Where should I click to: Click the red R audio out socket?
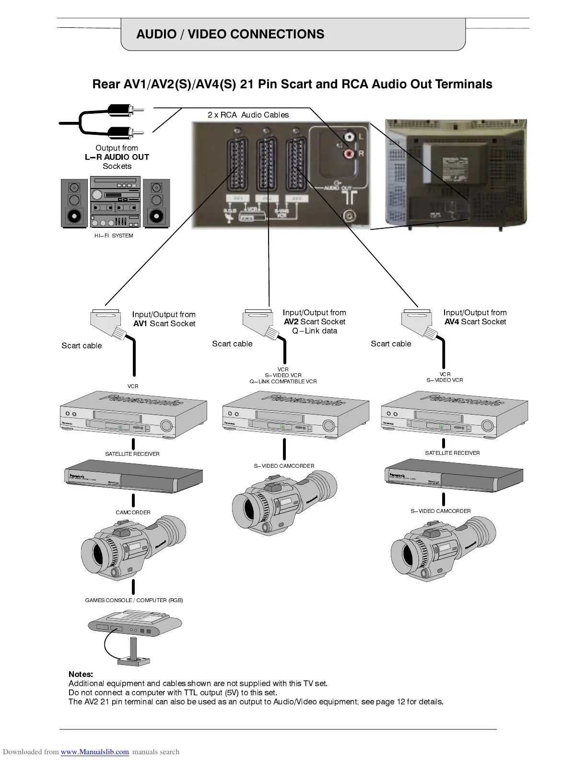coord(348,154)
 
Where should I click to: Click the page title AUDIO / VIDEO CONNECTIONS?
coord(230,34)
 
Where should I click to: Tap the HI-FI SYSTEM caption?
coord(114,236)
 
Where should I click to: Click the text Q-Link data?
coord(315,331)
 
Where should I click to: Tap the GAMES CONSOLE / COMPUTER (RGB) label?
coord(134,600)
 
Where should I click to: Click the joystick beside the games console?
coord(133,653)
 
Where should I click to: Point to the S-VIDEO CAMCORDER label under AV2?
coord(284,466)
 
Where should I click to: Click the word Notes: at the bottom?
coord(81,674)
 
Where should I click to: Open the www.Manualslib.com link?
coord(94,752)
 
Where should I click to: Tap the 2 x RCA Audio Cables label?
coord(248,115)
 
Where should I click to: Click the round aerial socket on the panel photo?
coord(349,216)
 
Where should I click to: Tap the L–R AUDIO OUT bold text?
coord(117,157)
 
